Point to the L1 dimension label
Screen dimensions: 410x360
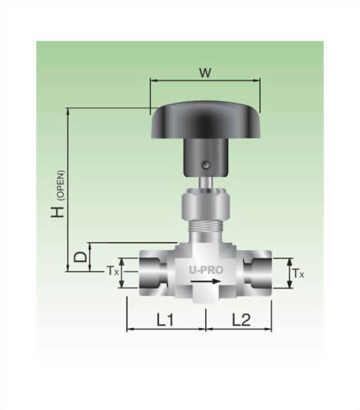(165, 319)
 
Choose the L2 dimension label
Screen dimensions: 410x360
(240, 319)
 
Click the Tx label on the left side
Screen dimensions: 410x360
(114, 269)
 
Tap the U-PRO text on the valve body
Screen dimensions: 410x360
(203, 267)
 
